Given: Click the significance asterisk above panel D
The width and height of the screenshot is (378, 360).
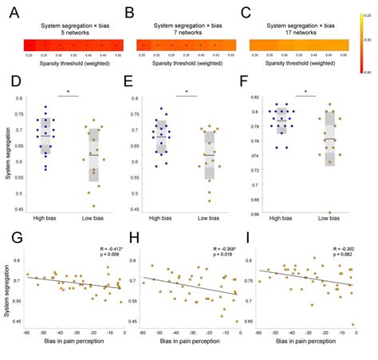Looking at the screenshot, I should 69,91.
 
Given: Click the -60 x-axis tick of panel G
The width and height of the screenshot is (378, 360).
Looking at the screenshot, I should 27,334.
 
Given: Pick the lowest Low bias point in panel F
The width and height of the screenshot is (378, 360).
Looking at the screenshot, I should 330,212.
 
